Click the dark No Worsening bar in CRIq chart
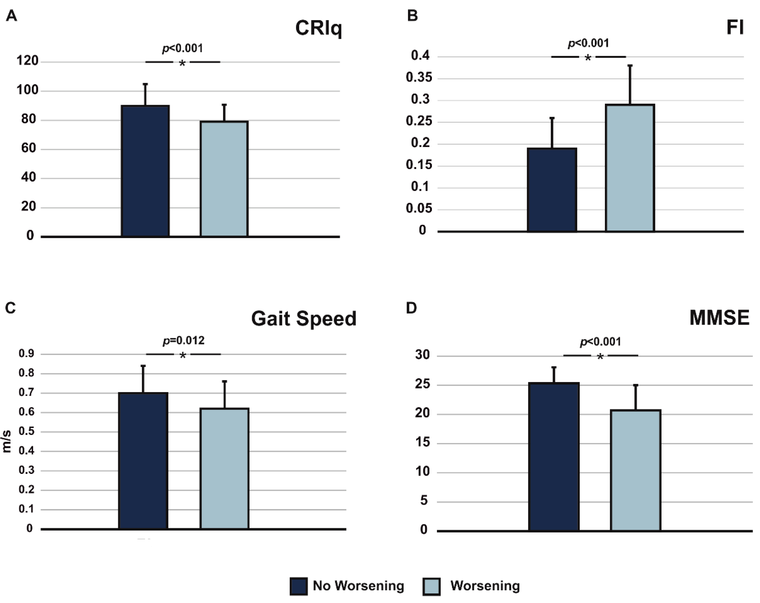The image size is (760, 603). [145, 171]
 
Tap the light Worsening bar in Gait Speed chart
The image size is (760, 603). [224, 469]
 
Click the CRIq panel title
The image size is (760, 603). [318, 28]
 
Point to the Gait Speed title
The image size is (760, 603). [304, 319]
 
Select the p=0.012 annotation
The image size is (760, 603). [183, 340]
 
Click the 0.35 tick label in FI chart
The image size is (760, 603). [418, 77]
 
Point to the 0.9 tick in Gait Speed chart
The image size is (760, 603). [26, 353]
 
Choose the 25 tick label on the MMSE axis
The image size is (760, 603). [422, 384]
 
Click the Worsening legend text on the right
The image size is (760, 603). [485, 586]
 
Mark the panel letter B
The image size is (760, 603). [412, 16]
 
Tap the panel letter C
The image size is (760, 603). [10, 308]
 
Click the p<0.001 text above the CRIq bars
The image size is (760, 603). [183, 48]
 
